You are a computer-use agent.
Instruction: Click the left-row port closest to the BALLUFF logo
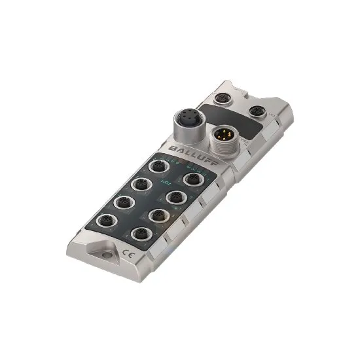pyautogui.click(x=157, y=168)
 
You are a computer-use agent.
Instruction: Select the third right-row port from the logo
pyautogui.click(x=156, y=215)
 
